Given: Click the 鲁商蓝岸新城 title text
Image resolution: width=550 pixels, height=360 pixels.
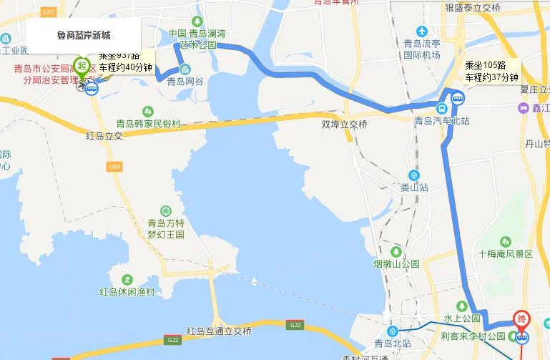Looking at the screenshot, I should pos(84,35).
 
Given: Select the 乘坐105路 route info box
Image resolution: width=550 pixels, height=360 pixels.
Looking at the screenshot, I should pos(491,71).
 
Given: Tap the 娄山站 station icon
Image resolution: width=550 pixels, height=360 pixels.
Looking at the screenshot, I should pos(414,175).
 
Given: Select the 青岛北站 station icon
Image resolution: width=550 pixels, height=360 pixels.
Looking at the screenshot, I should pos(393,331).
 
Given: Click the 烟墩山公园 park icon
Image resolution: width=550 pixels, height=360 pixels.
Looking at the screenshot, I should pos(396,251).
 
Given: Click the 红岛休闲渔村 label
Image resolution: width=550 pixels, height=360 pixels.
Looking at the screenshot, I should pos(127,292).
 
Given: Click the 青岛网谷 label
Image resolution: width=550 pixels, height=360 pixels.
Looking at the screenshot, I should pos(185,82).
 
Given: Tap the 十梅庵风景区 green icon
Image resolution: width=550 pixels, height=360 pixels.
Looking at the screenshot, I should pos(506,242).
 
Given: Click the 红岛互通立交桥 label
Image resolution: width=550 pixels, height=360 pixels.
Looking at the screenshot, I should pos(219,331).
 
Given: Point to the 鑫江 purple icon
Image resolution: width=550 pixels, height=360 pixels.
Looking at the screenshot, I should pos(524,107).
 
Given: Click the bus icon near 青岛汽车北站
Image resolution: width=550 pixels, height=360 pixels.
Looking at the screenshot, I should pos(443,109).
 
